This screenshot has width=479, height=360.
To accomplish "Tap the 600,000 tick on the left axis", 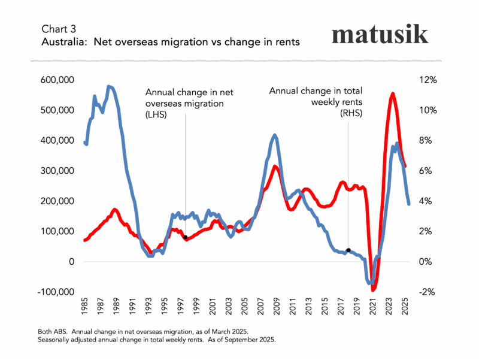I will point(57,80).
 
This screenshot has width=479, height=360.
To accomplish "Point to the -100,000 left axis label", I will point(56,292).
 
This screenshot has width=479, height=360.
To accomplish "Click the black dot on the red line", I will point(186,237).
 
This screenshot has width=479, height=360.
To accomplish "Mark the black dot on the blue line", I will point(348,250).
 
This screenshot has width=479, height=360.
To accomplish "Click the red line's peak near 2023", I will point(392,94).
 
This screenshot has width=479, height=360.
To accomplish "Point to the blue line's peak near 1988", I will point(109,87).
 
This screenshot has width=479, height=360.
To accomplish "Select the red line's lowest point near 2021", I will point(374,290).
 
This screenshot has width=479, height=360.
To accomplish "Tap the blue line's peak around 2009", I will point(275,135).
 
